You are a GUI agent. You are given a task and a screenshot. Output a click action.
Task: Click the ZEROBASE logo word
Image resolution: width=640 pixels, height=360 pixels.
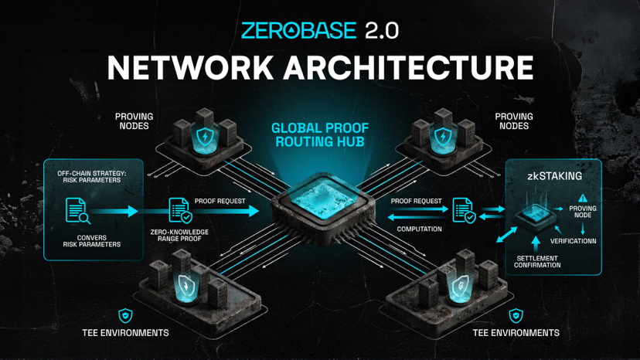(298, 30)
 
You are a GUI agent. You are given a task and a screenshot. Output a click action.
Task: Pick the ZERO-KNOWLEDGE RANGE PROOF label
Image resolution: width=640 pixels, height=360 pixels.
(179, 243)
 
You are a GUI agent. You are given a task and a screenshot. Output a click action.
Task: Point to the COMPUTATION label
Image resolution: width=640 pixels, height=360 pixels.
(419, 229)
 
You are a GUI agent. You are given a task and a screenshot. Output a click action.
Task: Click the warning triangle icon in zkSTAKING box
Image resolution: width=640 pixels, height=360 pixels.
(582, 198)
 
